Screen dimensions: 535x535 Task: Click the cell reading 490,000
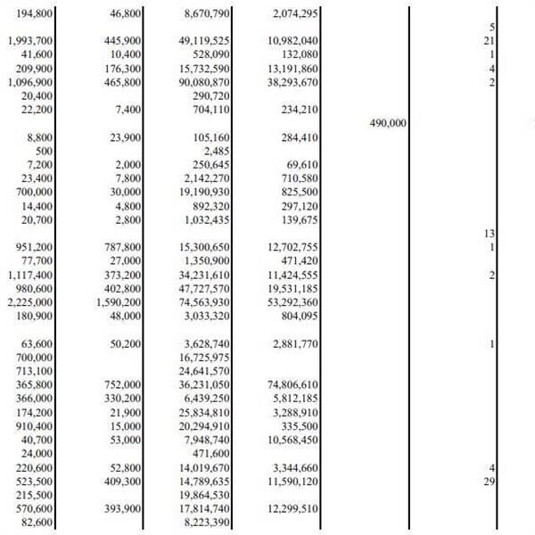(388, 123)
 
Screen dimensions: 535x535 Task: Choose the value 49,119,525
(203, 41)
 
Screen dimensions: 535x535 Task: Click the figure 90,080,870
(203, 82)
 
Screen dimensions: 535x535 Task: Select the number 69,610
(300, 165)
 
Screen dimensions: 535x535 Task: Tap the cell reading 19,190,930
(203, 192)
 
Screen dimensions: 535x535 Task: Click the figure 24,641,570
(203, 370)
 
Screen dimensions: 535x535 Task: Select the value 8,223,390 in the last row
(205, 521)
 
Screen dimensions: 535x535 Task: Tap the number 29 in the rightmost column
(489, 481)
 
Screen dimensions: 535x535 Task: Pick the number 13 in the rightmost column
(489, 234)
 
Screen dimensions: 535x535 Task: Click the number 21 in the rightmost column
(489, 41)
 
